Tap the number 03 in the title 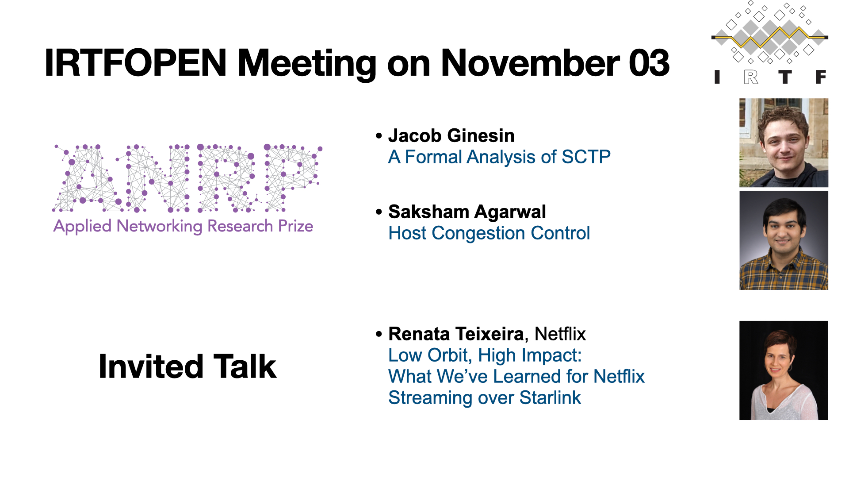[649, 63]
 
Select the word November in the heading [530, 63]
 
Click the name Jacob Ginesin [451, 135]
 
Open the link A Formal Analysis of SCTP [499, 157]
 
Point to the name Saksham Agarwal [467, 212]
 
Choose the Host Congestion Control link [489, 233]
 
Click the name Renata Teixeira [456, 334]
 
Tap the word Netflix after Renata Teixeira [560, 334]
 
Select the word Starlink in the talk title [550, 397]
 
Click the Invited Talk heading [187, 366]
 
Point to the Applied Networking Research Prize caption [183, 226]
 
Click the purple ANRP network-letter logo [187, 178]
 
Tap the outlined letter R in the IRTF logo [751, 77]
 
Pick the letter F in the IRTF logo [821, 77]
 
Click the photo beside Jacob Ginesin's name [784, 143]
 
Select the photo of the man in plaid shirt [784, 240]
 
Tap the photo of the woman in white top [784, 370]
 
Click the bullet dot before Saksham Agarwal [379, 212]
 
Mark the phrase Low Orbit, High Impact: [485, 355]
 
